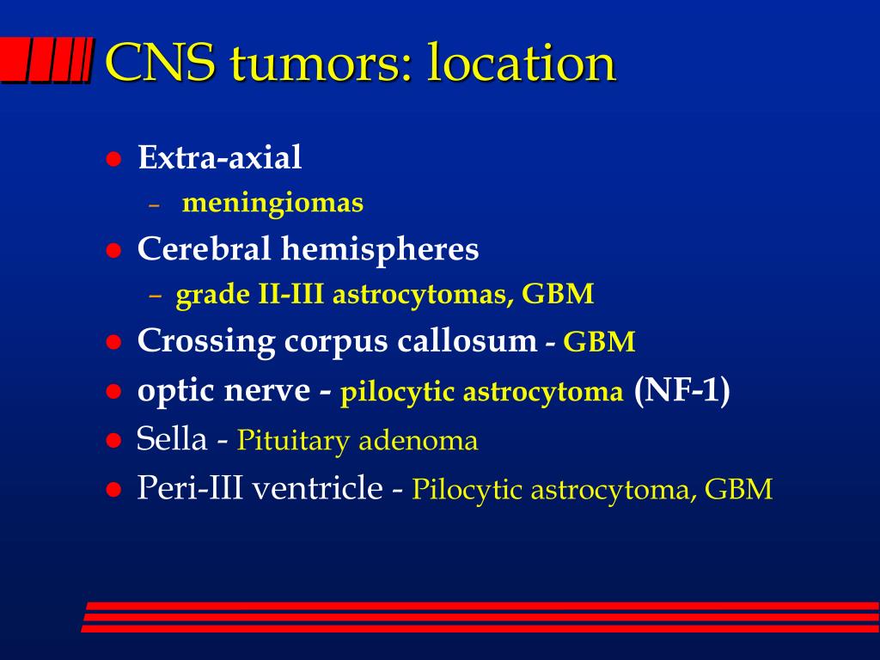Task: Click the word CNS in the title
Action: [x=160, y=62]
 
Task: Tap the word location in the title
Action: [x=522, y=62]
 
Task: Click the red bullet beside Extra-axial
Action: [x=114, y=159]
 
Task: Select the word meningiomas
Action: [x=272, y=203]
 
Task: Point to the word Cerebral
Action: [x=205, y=248]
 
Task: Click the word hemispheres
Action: [x=380, y=249]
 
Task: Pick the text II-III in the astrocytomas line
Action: [x=290, y=294]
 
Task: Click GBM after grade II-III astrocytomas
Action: [x=558, y=294]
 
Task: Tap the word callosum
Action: [x=467, y=340]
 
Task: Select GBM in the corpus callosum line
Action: [x=599, y=341]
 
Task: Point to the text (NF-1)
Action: [x=681, y=389]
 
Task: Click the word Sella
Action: [x=172, y=438]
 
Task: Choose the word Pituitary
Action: [x=294, y=441]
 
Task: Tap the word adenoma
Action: [x=419, y=441]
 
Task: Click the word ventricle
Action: [x=318, y=487]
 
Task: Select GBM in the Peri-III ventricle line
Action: [x=738, y=489]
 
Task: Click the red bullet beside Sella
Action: [x=114, y=441]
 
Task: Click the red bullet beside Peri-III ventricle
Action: [x=114, y=489]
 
